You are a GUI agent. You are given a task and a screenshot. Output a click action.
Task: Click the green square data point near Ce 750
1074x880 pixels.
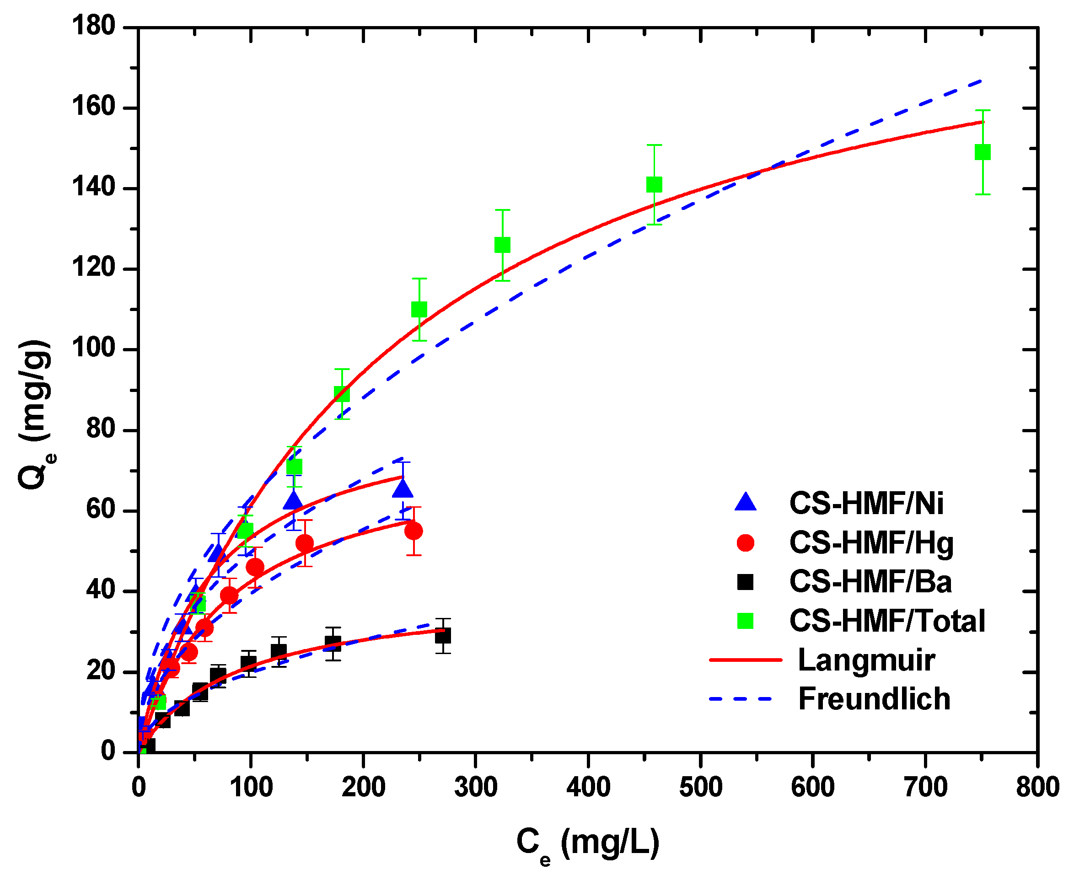coord(982,152)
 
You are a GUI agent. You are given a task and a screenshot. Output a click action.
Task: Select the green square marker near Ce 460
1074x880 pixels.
coord(654,184)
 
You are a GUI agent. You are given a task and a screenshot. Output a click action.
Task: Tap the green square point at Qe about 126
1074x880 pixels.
coord(502,245)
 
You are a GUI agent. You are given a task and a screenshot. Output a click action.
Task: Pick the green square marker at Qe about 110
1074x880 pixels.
coord(419,309)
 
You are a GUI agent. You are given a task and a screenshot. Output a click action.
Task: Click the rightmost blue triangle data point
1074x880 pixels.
coord(403,488)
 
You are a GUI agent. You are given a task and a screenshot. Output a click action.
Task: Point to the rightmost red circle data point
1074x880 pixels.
coord(413,531)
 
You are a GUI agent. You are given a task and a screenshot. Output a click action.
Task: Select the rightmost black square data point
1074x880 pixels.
coord(442,636)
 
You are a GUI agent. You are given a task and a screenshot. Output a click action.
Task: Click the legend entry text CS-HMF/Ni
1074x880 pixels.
coord(866,504)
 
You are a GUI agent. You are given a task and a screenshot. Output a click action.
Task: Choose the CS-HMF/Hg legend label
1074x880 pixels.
coord(871,543)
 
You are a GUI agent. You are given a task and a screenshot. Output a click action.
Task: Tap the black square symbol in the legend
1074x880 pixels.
coord(745,582)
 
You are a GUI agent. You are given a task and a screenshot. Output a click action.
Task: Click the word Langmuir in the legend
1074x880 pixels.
coord(866,660)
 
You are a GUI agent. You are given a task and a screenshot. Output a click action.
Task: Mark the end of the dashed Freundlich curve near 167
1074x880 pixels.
coord(982,80)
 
